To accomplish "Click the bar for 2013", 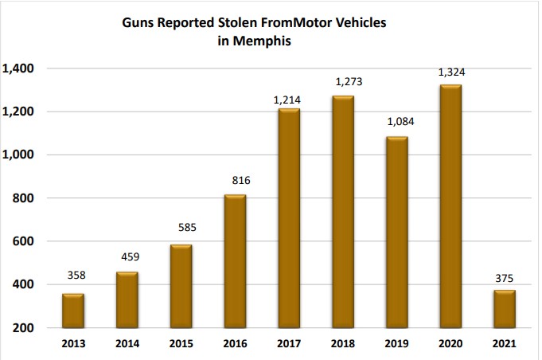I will (73, 311).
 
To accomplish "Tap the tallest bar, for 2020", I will (450, 206).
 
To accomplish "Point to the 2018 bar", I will (342, 212).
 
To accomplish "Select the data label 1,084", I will (396, 122).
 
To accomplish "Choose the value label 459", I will (127, 257).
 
